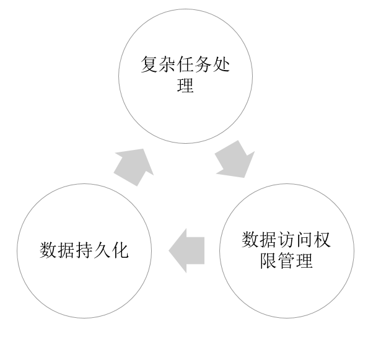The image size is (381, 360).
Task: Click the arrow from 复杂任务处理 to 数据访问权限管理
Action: (x=235, y=160)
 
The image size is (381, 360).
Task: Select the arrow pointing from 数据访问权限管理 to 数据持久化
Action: (x=188, y=250)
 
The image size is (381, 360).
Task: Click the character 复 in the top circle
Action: (x=149, y=64)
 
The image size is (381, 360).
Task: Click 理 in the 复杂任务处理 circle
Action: (x=185, y=86)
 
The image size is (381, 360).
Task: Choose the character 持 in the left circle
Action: (x=84, y=250)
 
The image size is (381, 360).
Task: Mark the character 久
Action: (x=102, y=250)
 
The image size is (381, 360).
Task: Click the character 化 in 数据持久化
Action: (x=120, y=250)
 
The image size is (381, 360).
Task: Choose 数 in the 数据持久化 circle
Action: (x=48, y=250)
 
